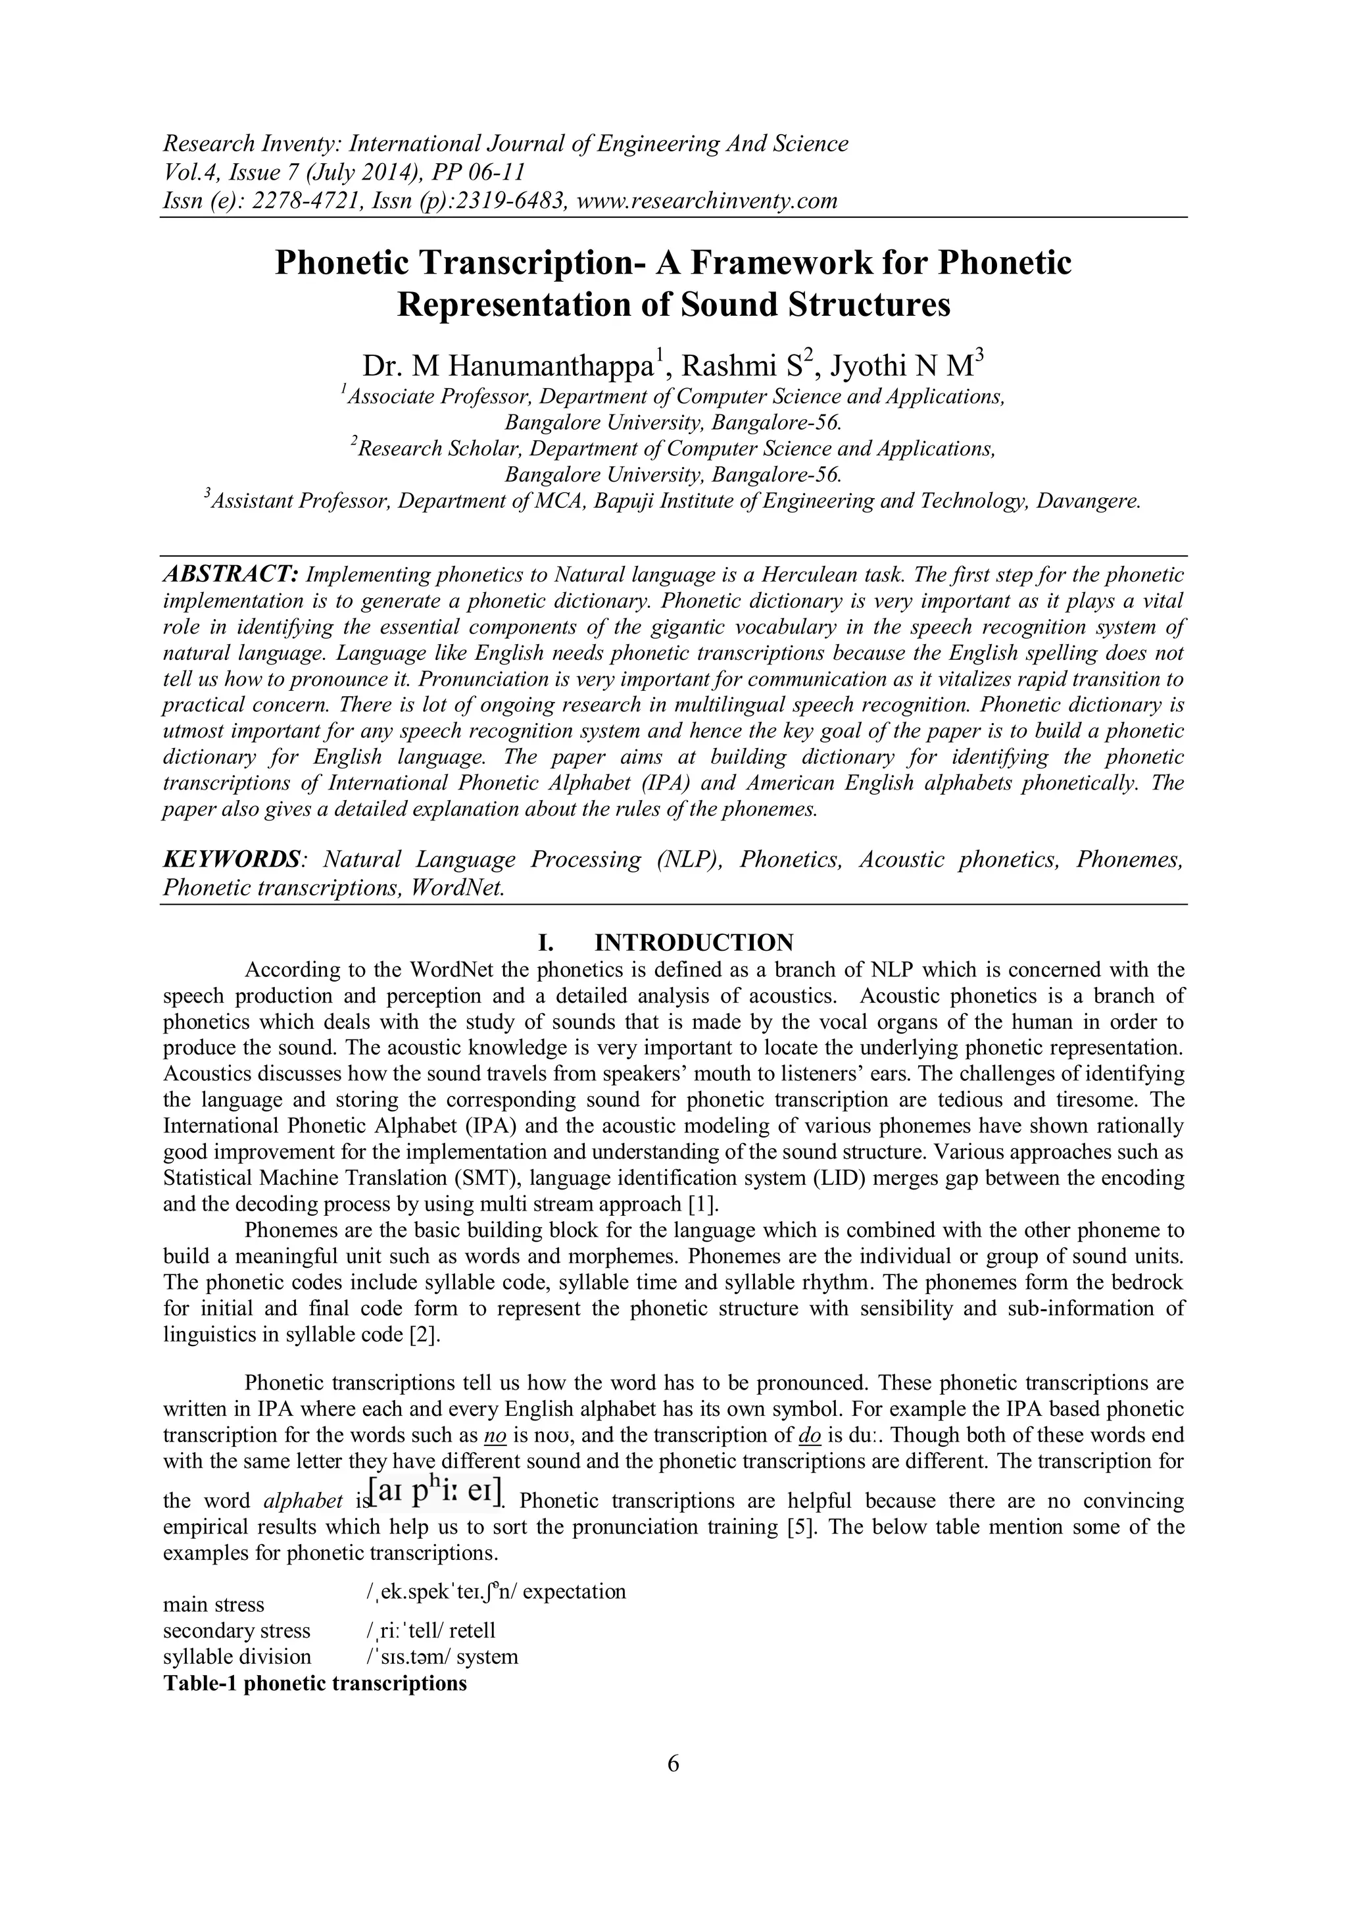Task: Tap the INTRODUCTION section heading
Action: [x=694, y=942]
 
